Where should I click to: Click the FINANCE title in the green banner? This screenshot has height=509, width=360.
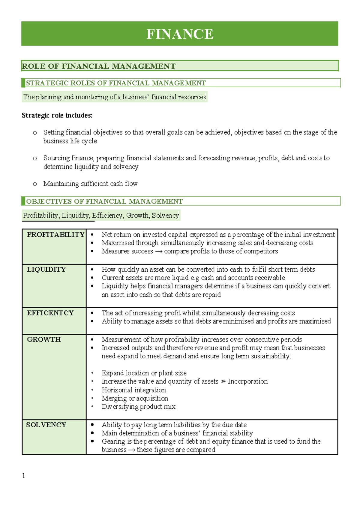point(180,34)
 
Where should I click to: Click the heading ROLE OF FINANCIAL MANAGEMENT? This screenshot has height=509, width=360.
point(99,66)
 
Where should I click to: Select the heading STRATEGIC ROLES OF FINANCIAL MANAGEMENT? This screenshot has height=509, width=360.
point(116,83)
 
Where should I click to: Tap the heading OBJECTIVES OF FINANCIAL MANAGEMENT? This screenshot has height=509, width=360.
point(104,201)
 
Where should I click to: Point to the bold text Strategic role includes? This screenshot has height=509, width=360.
point(57,115)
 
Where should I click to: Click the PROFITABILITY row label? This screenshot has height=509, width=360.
point(55,234)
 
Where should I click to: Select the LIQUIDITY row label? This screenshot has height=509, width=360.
point(46,269)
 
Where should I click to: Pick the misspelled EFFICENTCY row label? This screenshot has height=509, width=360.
point(50,313)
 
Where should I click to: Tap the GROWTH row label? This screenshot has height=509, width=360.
point(44,339)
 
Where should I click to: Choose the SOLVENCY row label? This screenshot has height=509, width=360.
point(46,425)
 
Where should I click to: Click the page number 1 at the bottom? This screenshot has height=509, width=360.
point(24,475)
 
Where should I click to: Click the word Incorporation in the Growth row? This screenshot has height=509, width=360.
point(247,381)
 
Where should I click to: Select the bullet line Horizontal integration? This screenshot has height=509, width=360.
point(133,390)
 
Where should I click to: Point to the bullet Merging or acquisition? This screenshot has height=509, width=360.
point(135,398)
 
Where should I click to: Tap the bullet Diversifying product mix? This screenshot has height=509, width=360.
point(138,407)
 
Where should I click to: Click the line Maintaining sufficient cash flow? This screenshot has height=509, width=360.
point(90,183)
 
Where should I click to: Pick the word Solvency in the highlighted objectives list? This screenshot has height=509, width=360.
point(165,215)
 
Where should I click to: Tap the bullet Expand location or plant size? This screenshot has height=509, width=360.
point(144,373)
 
